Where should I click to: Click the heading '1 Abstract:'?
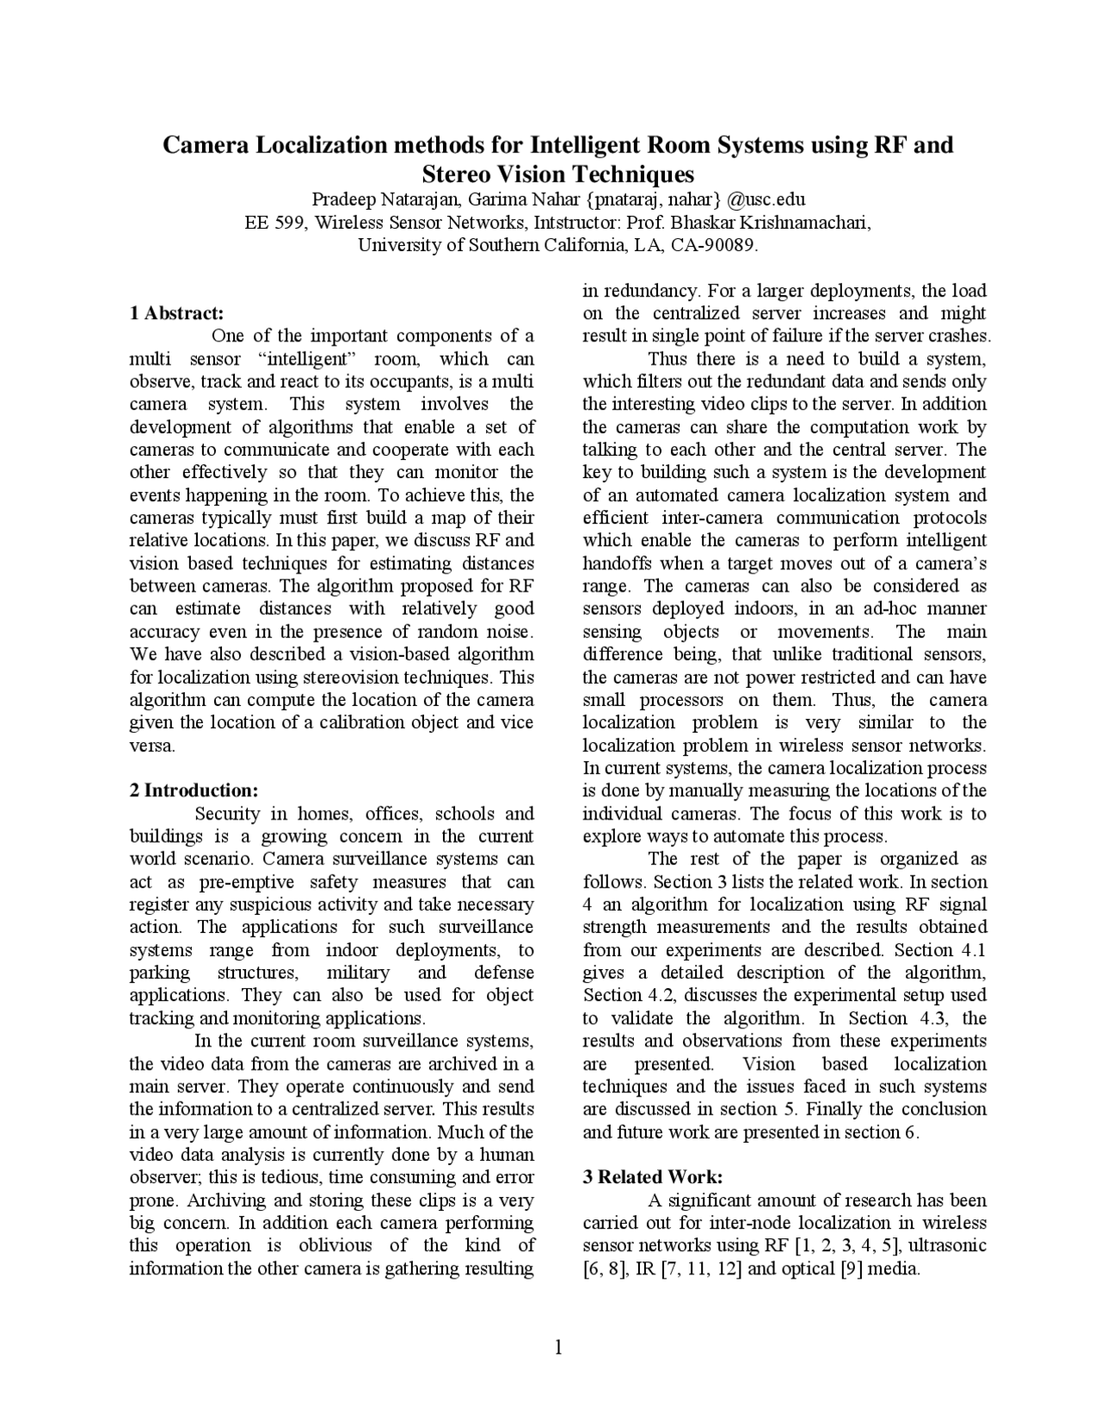coord(176,312)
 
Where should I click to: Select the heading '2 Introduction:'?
coord(194,790)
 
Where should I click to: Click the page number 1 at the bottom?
coord(558,1347)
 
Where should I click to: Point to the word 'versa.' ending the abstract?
coord(152,746)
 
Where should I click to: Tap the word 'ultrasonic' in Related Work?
coord(947,1245)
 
